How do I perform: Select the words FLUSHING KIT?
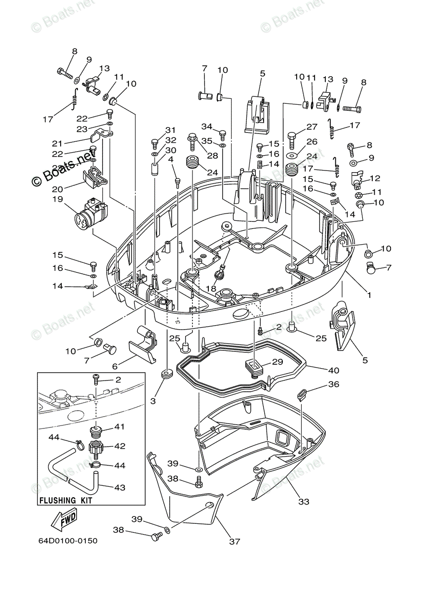(66, 500)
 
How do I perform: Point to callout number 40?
(334, 370)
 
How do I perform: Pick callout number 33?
(304, 502)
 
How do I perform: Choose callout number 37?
(234, 541)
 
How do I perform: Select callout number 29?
(277, 362)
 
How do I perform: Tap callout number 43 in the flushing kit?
(119, 487)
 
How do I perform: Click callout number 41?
(119, 426)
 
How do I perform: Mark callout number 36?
(334, 384)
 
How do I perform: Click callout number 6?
(115, 366)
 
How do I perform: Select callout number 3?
(153, 401)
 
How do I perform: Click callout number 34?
(206, 127)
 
